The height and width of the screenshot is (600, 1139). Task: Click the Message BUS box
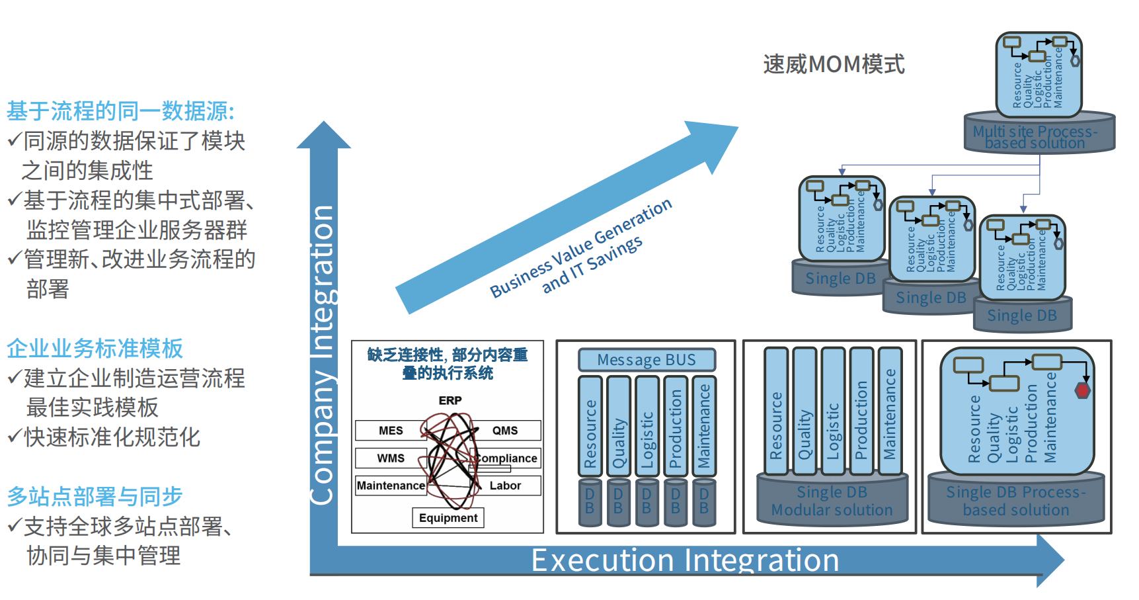click(647, 360)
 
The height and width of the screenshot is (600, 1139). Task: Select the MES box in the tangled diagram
click(390, 431)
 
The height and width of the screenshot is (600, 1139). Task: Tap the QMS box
click(506, 431)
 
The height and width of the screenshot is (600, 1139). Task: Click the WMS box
click(390, 458)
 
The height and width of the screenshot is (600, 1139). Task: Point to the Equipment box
click(448, 517)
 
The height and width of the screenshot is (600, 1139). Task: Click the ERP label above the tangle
click(450, 400)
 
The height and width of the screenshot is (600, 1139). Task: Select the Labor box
click(506, 486)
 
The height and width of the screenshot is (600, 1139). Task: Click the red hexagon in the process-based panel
click(1082, 390)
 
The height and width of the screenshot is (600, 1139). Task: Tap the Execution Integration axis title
click(685, 560)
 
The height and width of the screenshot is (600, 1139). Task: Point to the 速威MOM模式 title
click(834, 64)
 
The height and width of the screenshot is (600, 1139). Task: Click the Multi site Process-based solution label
click(1035, 137)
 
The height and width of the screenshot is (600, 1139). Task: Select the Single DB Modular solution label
click(832, 501)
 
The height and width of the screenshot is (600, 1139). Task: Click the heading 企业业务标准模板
click(95, 348)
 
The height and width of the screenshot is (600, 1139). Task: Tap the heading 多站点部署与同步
click(95, 496)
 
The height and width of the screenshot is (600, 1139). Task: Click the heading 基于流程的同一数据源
click(120, 110)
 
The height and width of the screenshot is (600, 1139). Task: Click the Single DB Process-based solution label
click(1016, 501)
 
